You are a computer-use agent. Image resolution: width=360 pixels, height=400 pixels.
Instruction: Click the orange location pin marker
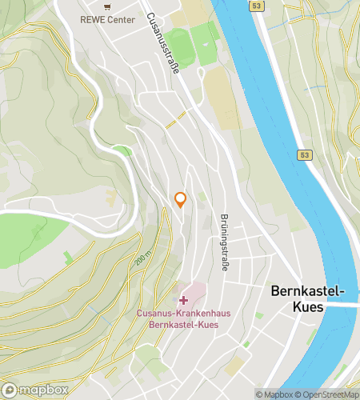pos(181,200)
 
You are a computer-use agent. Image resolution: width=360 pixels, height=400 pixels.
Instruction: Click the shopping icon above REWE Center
pos(106,6)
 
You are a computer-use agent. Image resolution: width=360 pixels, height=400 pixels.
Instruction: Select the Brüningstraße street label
pos(223,242)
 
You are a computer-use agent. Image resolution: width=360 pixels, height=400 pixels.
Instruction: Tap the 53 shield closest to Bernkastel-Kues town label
pos(304,154)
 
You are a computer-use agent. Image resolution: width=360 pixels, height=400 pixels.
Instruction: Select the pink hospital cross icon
pos(184,300)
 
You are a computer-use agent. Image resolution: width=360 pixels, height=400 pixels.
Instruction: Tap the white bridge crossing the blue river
pos(340,304)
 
